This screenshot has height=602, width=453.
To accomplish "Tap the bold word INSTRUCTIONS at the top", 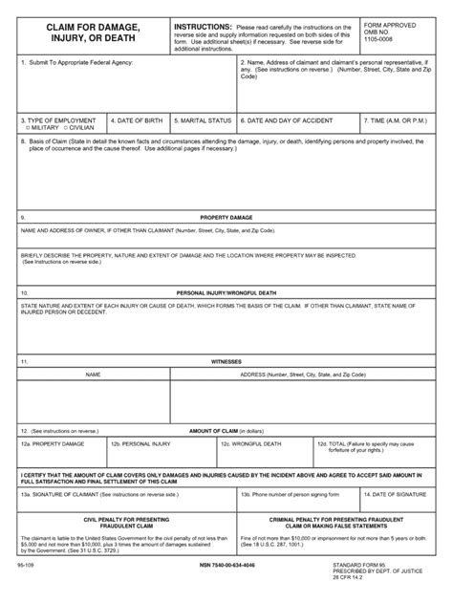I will click(203, 27).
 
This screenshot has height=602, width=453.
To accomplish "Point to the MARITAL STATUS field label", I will click(203, 120).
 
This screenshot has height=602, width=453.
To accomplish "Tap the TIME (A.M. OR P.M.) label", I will click(399, 120).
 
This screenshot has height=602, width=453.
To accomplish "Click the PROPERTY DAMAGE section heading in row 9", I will click(226, 218).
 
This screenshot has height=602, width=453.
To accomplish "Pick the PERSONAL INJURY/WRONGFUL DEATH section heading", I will click(226, 291).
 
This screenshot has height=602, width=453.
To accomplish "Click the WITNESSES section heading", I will click(226, 362).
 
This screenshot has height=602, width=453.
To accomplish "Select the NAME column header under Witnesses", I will click(93, 376).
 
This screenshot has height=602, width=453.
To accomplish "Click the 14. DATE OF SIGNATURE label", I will click(400, 495).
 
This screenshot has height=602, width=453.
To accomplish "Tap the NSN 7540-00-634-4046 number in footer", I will click(226, 567).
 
